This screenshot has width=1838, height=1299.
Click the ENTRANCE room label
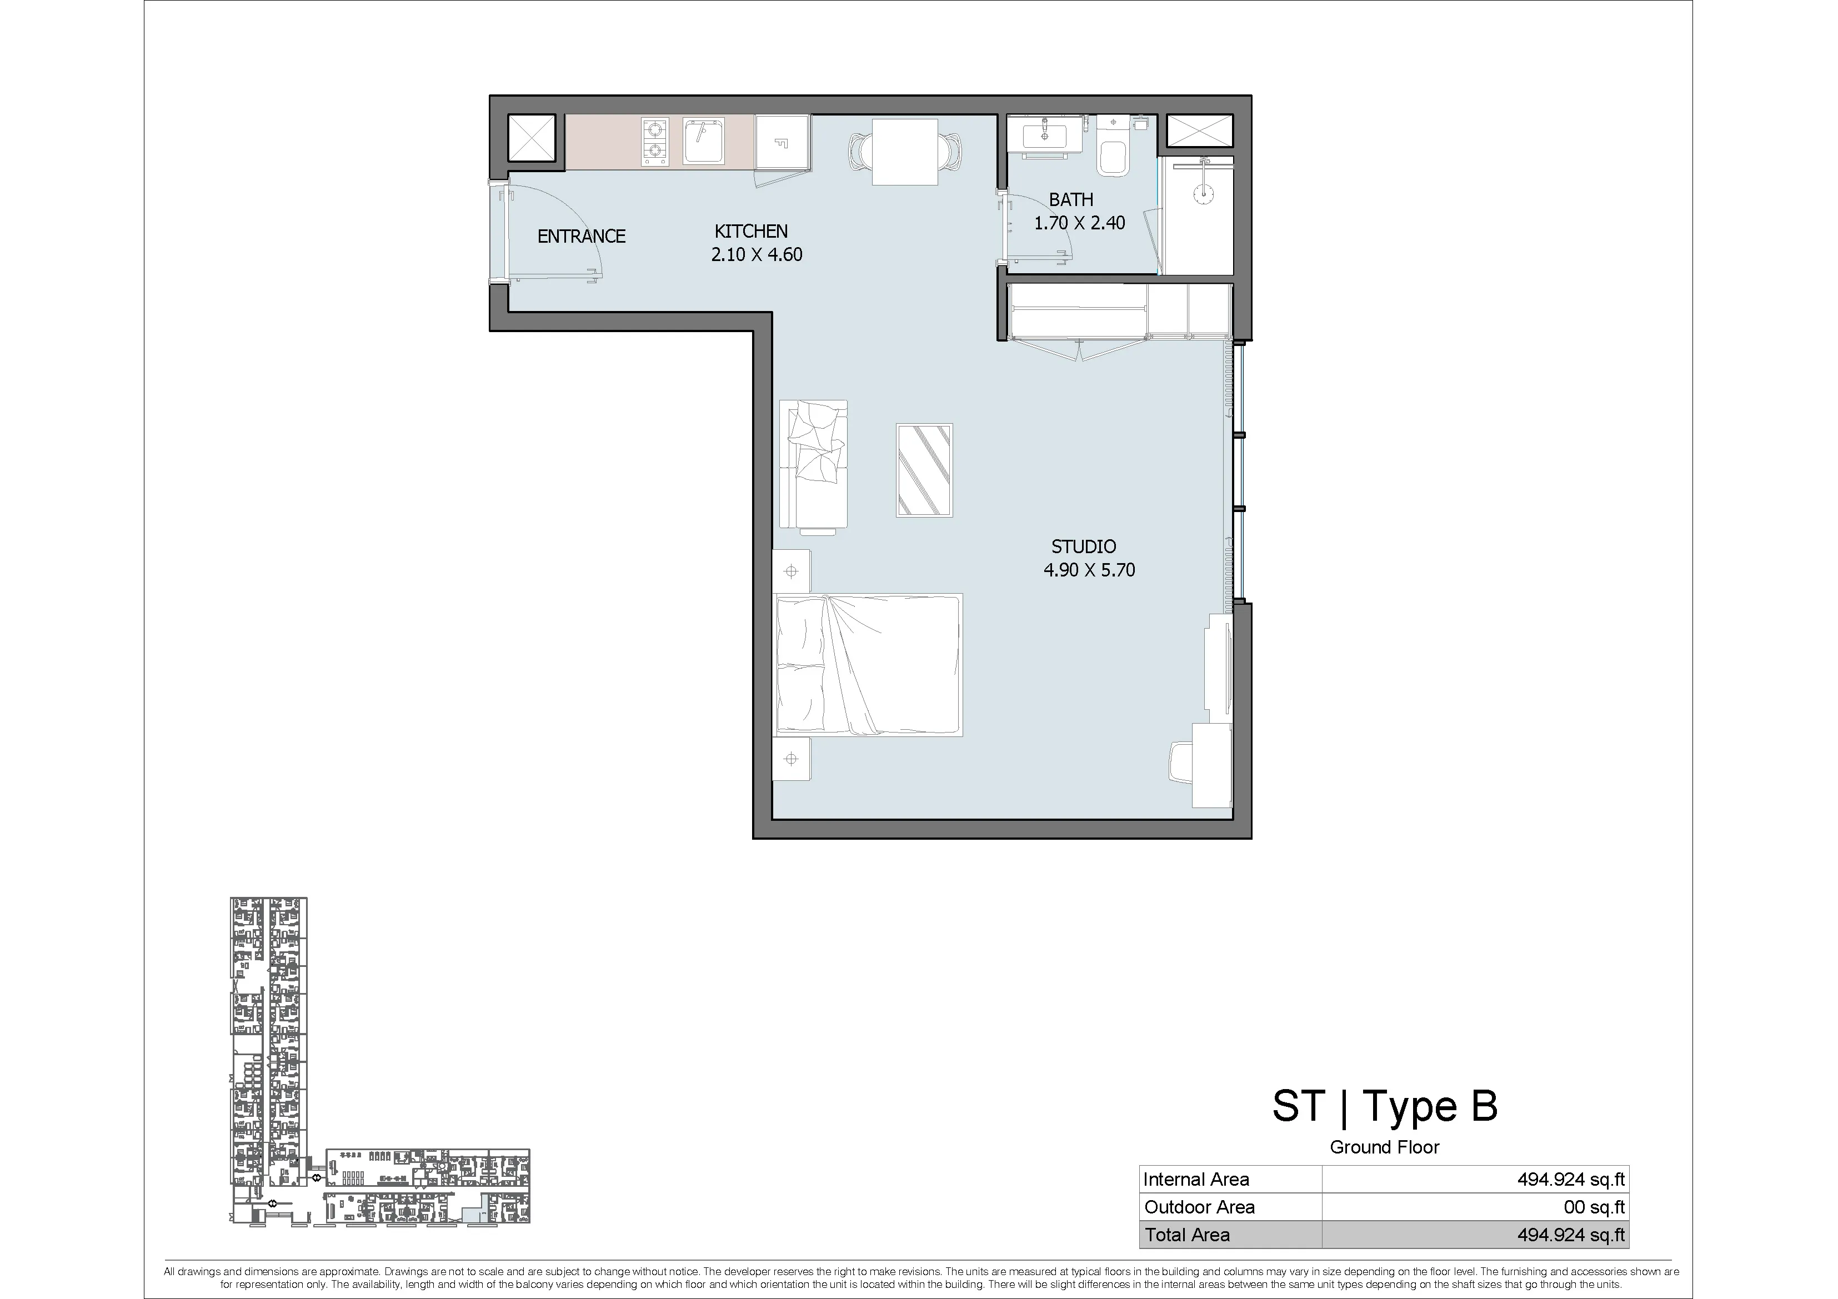581,236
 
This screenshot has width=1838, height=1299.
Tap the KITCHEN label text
751,231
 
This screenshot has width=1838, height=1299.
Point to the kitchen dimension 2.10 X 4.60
757,254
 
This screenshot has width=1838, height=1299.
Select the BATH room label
1071,199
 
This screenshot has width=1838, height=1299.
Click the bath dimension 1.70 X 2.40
1079,223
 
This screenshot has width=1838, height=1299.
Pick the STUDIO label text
1083,546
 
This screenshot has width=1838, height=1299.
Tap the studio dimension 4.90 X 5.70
1089,570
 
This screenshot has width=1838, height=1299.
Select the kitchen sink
704,142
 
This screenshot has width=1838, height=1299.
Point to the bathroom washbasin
1045,134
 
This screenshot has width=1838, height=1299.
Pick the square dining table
905,151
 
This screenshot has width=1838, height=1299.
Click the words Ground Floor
1384,1147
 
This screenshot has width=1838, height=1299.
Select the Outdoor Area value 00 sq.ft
1594,1207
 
